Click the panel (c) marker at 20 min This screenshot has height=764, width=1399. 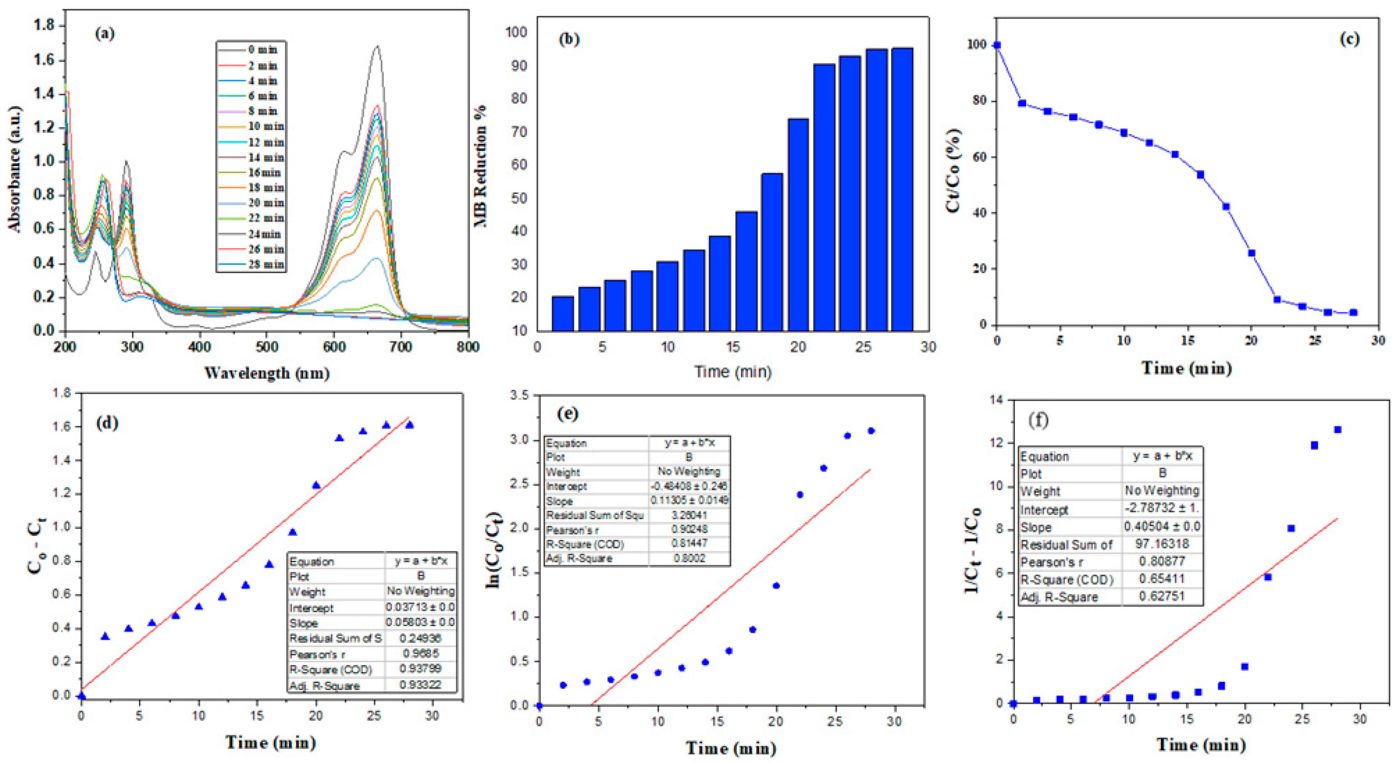click(1251, 253)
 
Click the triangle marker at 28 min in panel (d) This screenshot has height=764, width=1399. click(410, 425)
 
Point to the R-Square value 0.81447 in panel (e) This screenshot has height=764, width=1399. click(689, 543)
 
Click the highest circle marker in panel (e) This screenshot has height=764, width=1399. click(871, 431)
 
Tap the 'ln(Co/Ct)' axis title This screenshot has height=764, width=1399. click(495, 550)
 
